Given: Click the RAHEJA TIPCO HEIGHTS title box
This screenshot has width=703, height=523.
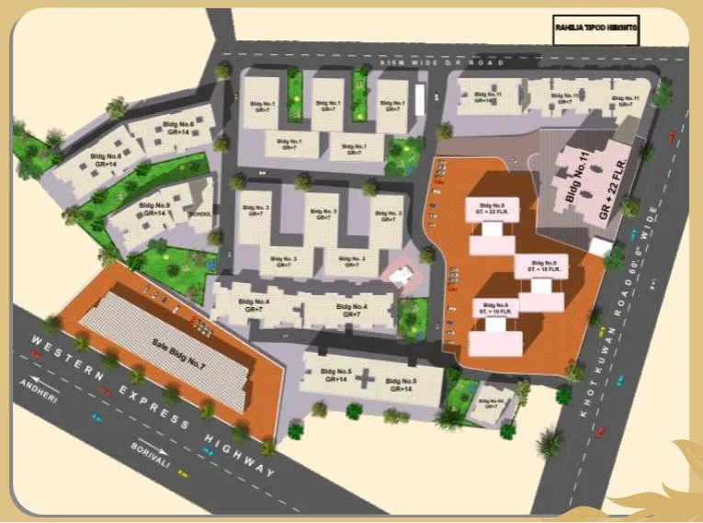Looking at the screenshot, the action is click(595, 29).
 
